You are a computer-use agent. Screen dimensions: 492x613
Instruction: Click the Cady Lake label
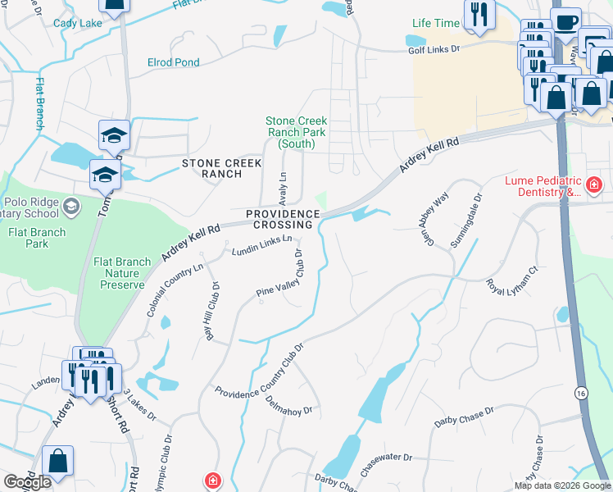coord(78,23)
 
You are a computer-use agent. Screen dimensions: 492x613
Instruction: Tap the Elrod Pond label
coord(173,62)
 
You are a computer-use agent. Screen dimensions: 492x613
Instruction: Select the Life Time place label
coord(435,23)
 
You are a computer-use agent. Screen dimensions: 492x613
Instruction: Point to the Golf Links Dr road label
coord(434,49)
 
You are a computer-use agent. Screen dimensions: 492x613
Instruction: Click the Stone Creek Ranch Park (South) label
coord(296,132)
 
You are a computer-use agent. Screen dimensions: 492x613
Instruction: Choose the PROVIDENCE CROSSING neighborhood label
coord(284,219)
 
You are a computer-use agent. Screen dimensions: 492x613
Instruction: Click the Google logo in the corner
coord(27,482)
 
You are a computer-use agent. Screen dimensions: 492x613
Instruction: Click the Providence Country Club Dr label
coord(260,370)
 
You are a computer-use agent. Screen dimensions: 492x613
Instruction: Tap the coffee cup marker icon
coord(566,20)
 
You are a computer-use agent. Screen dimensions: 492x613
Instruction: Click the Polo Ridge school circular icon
coord(71,205)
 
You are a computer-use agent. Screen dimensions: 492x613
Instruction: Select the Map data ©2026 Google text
coord(562,485)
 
